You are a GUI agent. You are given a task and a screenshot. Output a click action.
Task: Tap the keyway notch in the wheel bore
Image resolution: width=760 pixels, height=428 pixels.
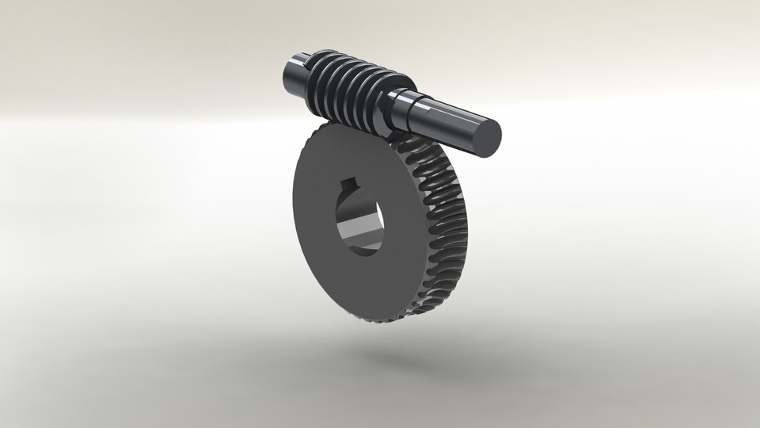click(x=347, y=188)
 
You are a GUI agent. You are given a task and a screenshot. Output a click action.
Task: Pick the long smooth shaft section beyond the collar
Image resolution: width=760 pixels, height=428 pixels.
click(x=447, y=123)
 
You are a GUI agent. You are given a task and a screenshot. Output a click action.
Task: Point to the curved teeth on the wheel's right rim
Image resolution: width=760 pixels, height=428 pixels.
click(x=447, y=214)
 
